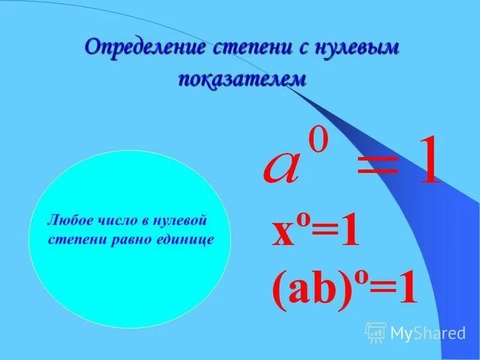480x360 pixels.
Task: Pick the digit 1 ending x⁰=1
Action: tap(349, 233)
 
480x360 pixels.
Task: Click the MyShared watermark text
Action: tap(428, 332)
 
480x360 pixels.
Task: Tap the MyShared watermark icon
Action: tap(376, 332)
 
